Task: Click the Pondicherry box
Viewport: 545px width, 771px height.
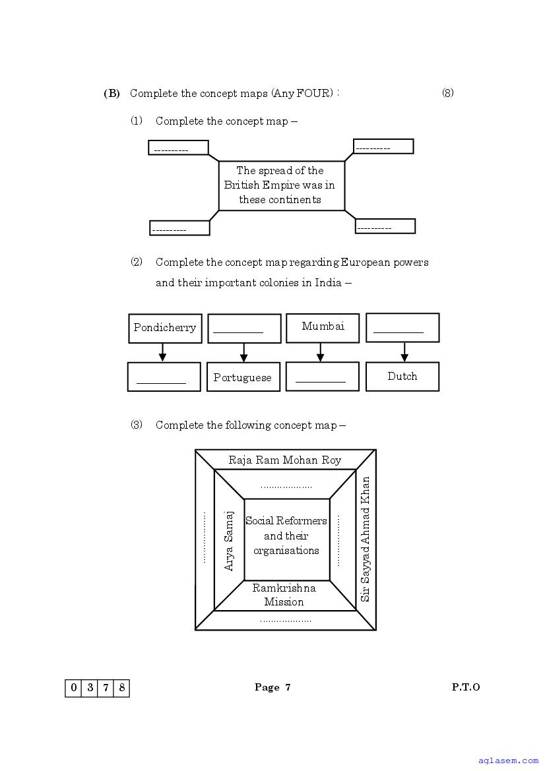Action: (x=165, y=328)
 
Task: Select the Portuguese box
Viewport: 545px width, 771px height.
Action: (x=243, y=377)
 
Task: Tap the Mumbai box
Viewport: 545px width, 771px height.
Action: (x=323, y=327)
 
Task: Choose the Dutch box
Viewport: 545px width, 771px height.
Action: (x=402, y=377)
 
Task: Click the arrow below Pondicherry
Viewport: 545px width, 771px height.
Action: (x=162, y=353)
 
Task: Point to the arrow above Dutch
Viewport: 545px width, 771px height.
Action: (x=404, y=352)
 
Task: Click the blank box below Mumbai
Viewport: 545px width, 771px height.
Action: (x=322, y=377)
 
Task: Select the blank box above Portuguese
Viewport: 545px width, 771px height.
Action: (x=244, y=328)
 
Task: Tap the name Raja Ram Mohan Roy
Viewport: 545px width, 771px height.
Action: (x=285, y=460)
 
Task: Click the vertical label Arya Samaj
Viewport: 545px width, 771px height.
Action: (x=229, y=540)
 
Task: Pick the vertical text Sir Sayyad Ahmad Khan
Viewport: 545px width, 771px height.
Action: (x=366, y=539)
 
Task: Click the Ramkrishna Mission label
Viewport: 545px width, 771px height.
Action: (x=284, y=595)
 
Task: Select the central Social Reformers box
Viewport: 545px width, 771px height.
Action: (x=286, y=536)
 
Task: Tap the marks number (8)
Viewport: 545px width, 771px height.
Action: (x=448, y=93)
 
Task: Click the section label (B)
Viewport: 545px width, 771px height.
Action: (x=112, y=94)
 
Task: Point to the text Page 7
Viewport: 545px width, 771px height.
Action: (x=272, y=687)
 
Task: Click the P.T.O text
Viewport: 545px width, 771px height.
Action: (x=466, y=687)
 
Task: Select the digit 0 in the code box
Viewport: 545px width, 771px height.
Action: (x=73, y=688)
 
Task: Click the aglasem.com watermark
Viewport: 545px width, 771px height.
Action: (x=515, y=760)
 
